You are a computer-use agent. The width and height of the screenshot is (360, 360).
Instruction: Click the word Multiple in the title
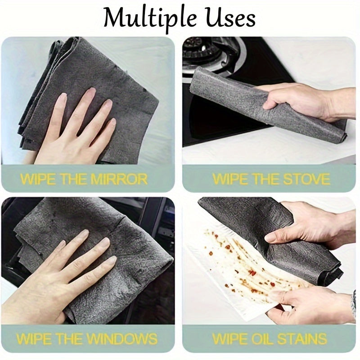coord(150,19)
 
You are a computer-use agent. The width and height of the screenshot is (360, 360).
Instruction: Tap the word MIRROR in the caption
coord(119,179)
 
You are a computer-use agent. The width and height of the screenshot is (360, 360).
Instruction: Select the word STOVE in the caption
coord(306,179)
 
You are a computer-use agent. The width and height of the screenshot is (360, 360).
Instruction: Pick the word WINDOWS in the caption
coord(123,338)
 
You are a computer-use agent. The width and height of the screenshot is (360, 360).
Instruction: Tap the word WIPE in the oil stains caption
coord(229,338)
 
